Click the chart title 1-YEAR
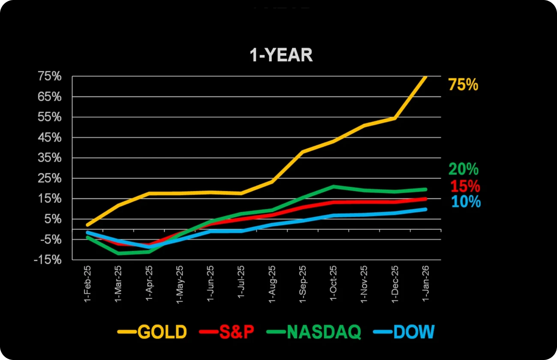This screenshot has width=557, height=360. [x=281, y=56]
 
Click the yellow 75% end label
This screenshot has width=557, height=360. [x=463, y=85]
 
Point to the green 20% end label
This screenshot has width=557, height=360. [x=463, y=170]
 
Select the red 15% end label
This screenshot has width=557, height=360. [x=465, y=186]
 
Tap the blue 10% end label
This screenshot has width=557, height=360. [x=466, y=202]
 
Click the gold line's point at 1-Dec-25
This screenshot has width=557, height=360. [x=395, y=118]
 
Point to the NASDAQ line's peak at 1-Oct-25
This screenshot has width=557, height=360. [x=333, y=186]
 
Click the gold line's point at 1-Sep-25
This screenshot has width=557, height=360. [x=302, y=152]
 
